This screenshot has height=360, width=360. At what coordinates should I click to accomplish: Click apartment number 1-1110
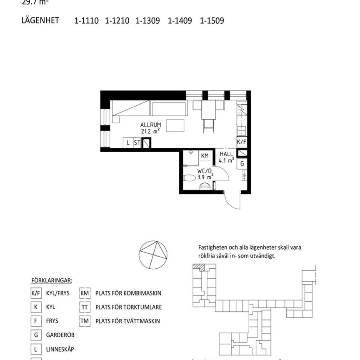tap(87, 20)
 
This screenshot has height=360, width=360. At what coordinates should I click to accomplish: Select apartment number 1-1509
tap(212, 20)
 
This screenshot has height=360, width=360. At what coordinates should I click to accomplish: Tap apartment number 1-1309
tap(148, 20)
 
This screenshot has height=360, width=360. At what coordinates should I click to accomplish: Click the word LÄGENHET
tap(40, 20)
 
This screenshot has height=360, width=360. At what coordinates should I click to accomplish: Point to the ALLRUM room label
tap(150, 125)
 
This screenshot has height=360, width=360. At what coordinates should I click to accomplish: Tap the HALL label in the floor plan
tap(227, 154)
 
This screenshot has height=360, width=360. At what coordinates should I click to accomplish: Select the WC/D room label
tap(205, 171)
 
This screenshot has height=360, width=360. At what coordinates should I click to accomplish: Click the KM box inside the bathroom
tap(205, 155)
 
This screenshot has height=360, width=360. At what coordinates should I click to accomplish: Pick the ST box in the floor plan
tap(137, 143)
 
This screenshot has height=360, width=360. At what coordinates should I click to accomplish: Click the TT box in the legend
tap(85, 307)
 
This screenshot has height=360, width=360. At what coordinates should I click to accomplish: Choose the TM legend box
tap(85, 321)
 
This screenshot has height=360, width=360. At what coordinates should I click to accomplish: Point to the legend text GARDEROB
tap(60, 335)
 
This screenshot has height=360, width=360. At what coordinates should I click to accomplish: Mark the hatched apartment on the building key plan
tap(202, 268)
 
